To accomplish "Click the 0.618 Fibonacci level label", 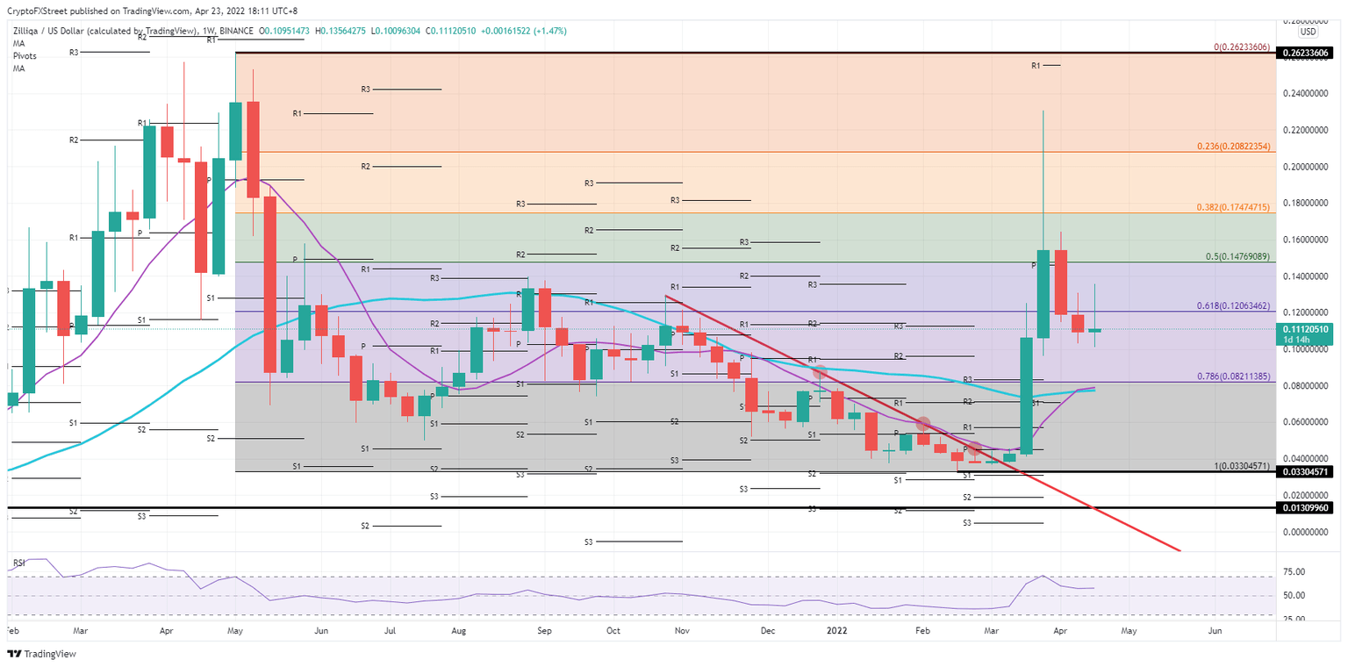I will click(1234, 305).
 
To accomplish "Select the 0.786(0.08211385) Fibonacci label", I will click(1233, 376).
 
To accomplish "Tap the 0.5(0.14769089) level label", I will click(1237, 256).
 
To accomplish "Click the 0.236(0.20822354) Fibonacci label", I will click(1234, 147).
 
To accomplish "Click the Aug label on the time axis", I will click(457, 630).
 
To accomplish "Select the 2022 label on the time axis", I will click(836, 630).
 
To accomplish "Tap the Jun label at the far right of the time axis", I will click(1215, 630).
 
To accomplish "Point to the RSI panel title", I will click(18, 561).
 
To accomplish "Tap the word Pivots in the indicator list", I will click(24, 55).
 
